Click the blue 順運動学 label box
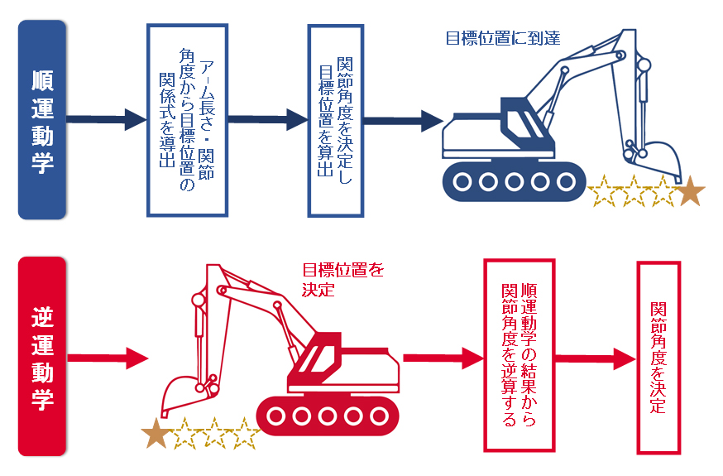point(42,120)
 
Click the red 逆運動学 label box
point(42,357)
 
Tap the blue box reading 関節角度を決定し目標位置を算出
point(335,120)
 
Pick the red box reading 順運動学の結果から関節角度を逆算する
point(519,356)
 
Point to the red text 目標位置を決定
point(342,279)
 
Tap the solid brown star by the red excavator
point(155,432)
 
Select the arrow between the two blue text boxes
point(265,119)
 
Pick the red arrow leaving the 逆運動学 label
point(108,358)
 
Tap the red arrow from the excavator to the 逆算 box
point(443,358)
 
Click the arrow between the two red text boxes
point(596,358)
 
